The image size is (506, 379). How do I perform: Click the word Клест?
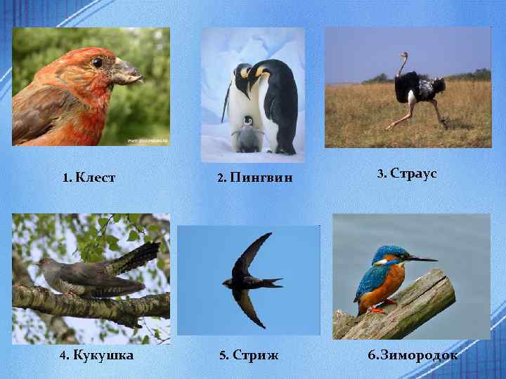96,178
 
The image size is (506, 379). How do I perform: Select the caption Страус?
413,173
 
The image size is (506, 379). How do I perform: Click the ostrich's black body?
418,88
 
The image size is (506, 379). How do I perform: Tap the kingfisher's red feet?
377,309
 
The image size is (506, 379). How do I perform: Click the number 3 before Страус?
380,173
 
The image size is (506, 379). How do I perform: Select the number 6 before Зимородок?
372,355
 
